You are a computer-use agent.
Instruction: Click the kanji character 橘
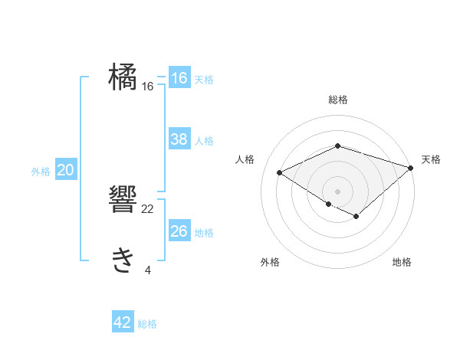(x=123, y=77)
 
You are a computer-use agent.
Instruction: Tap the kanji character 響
(x=123, y=199)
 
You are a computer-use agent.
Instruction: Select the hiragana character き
(x=123, y=260)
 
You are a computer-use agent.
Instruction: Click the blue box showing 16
(x=179, y=78)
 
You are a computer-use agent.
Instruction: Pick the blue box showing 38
(x=179, y=139)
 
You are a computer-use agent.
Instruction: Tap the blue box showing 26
(x=179, y=231)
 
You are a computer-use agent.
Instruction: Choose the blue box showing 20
(x=65, y=170)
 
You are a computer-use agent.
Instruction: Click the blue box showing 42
(x=123, y=322)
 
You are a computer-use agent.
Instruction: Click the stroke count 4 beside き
(x=148, y=270)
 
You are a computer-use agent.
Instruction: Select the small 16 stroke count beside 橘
(x=148, y=87)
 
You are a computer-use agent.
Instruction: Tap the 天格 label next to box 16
(x=204, y=80)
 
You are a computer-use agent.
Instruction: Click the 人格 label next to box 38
(x=204, y=141)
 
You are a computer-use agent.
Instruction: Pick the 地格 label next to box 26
(x=204, y=233)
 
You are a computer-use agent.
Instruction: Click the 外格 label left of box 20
(x=41, y=172)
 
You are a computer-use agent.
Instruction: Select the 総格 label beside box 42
(x=148, y=324)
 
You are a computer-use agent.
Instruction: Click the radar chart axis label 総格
(x=338, y=100)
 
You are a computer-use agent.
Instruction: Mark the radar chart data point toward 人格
(x=280, y=173)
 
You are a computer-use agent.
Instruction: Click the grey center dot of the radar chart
(x=337, y=190)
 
